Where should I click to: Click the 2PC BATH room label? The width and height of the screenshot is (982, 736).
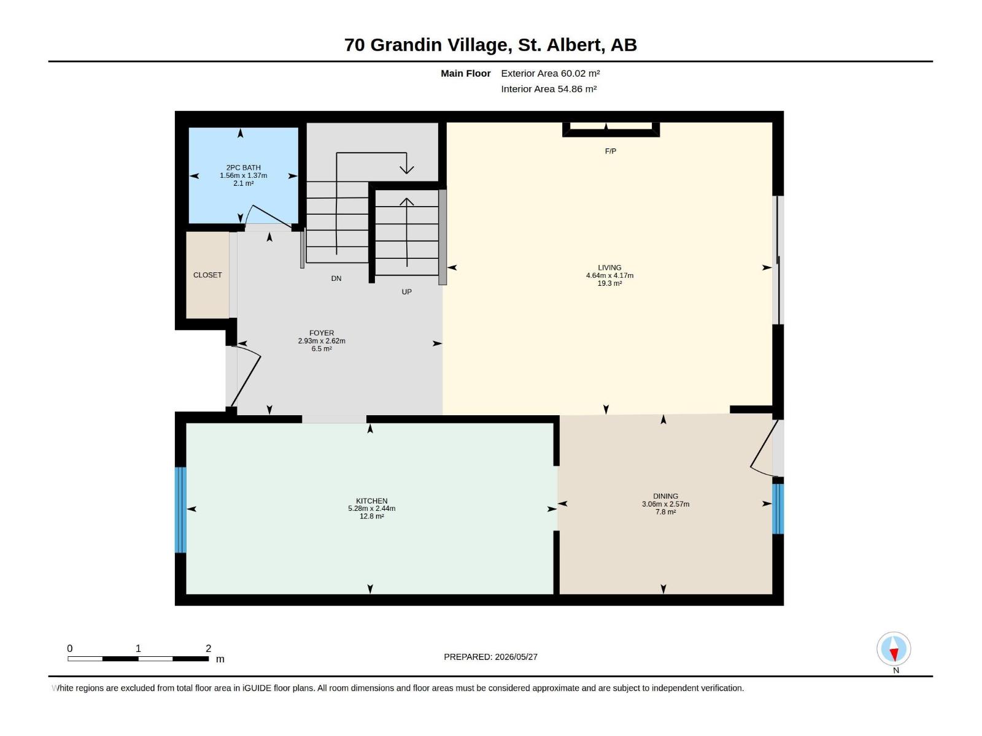(x=244, y=167)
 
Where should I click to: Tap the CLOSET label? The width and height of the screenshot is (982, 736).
(x=207, y=275)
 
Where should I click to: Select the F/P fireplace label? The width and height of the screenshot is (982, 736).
(x=611, y=151)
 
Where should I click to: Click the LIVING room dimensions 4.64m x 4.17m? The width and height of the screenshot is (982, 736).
(x=610, y=276)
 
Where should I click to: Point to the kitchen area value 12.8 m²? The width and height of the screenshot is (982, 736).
(x=372, y=516)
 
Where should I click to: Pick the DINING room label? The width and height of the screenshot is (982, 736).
(x=666, y=496)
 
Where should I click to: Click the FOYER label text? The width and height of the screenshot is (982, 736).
(x=322, y=334)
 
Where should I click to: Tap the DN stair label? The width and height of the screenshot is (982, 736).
(x=336, y=279)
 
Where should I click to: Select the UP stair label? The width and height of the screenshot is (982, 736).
(x=407, y=293)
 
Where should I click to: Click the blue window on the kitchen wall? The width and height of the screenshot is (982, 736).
(x=180, y=510)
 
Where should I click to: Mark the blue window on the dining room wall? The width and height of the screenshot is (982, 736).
(x=778, y=509)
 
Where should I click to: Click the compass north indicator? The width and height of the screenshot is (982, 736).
(x=894, y=649)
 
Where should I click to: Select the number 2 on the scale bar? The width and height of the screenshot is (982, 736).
(x=209, y=648)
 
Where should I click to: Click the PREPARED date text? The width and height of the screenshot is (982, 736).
(x=491, y=657)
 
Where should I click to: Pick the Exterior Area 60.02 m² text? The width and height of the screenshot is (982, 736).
(x=551, y=74)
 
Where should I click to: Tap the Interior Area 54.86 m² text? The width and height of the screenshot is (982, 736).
(x=549, y=90)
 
